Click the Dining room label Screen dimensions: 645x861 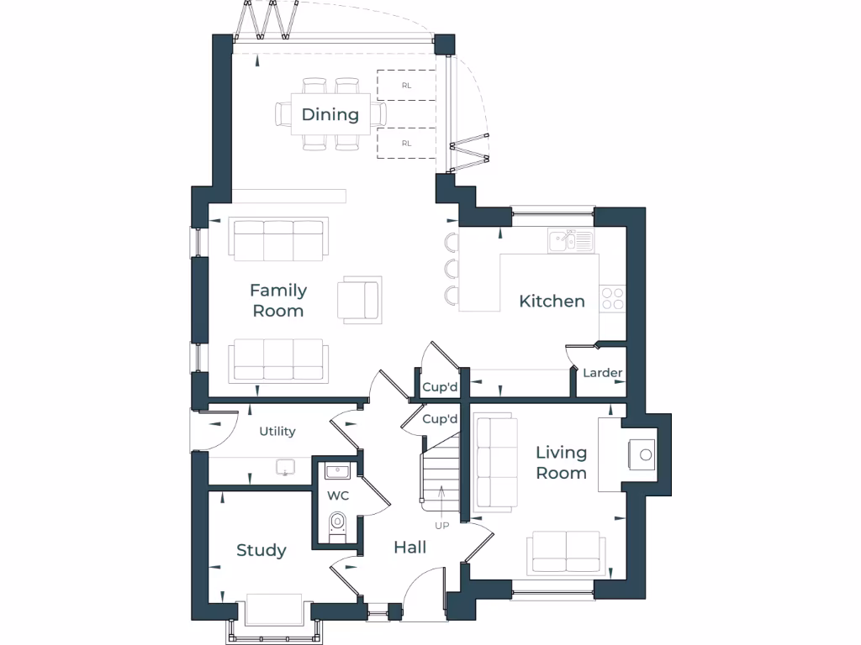pos(330,114)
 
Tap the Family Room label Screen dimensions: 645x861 pos(278,300)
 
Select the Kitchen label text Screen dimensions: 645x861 pos(552,301)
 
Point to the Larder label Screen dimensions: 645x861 pos(603,373)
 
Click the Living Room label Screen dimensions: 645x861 pos(561,463)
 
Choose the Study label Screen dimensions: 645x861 pos(261,550)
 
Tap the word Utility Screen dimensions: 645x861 pos(277,431)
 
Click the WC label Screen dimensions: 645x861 pos(338,496)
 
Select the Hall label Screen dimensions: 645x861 pos(409,548)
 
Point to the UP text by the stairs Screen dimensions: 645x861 pos(441,526)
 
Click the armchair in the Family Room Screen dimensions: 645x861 pos(358,298)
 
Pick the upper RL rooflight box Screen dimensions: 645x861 pos(406,85)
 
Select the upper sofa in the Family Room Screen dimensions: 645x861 pos(278,240)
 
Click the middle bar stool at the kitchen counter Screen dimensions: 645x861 pos(452,269)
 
